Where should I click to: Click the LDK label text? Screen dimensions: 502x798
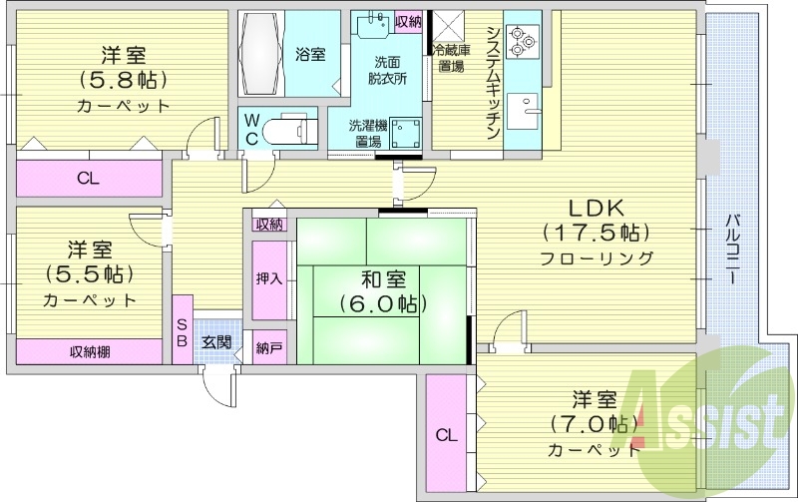(x=596, y=209)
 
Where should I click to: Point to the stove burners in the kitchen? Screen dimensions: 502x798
(x=522, y=42)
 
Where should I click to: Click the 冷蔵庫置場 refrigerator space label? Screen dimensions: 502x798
(x=450, y=57)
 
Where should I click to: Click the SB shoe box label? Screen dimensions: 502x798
(x=182, y=330)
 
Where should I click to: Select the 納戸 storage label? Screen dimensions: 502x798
(x=267, y=348)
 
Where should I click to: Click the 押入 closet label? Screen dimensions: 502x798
(x=268, y=278)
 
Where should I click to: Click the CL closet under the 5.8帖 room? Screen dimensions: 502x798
(x=87, y=180)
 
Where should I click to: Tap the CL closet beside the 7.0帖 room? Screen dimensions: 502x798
(x=446, y=434)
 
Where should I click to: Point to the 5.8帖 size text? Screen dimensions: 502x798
(x=123, y=80)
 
